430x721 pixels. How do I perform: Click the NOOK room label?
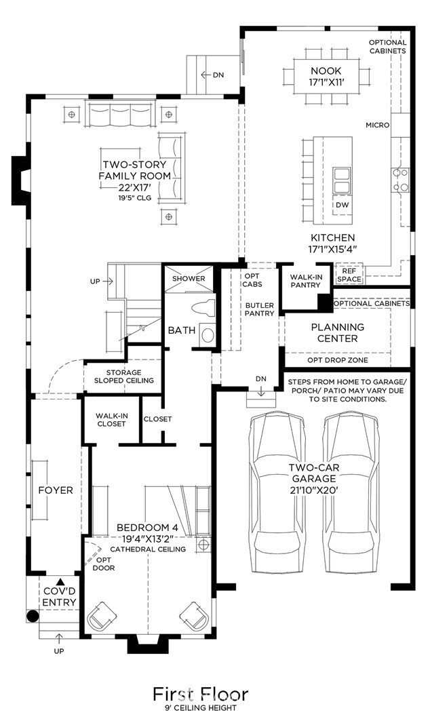click(326, 71)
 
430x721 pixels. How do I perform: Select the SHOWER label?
click(189, 279)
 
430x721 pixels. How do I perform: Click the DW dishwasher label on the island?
click(342, 205)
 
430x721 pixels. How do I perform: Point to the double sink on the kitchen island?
click(341, 180)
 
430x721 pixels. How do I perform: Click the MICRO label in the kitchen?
click(378, 125)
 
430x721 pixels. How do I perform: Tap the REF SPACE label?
click(349, 275)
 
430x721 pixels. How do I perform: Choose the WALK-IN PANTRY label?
click(306, 281)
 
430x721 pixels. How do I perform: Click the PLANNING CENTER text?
click(338, 333)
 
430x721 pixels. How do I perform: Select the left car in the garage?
click(277, 492)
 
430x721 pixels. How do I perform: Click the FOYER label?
click(56, 490)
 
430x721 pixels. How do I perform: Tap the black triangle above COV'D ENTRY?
click(60, 582)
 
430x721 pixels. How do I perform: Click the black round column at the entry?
click(32, 616)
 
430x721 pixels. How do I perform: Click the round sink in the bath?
click(208, 335)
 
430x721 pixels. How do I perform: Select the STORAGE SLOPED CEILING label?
click(123, 376)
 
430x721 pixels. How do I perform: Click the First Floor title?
click(201, 693)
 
